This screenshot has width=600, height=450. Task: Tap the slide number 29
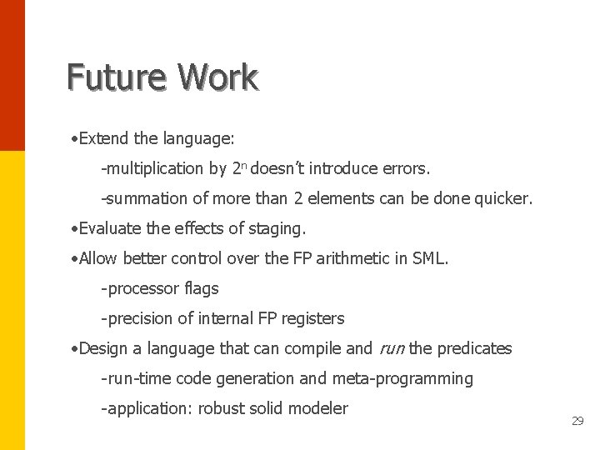click(577, 422)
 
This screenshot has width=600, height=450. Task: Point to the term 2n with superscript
click(238, 168)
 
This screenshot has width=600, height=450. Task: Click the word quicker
click(502, 198)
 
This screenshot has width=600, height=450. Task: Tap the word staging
click(277, 228)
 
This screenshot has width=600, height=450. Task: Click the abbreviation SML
click(430, 258)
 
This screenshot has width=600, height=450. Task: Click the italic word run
click(391, 348)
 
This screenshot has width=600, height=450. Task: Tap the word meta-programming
click(402, 378)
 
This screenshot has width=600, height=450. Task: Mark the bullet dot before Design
click(75, 348)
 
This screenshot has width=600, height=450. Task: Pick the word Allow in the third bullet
click(99, 258)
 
